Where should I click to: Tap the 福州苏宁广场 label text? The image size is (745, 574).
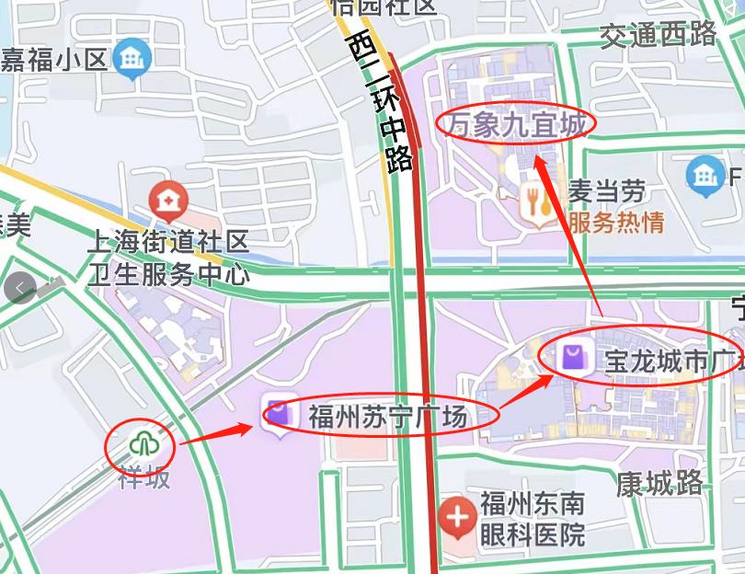[x=387, y=417]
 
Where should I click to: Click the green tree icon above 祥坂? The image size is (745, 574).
[x=144, y=445]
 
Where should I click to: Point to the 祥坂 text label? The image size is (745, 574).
[x=143, y=476]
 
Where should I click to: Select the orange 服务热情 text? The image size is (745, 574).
[x=615, y=222]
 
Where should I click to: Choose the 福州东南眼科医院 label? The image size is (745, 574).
[x=532, y=519]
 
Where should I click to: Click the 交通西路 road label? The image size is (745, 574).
[x=658, y=35]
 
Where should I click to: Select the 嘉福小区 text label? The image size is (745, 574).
[x=53, y=60]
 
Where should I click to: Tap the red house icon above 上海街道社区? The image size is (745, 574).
[x=167, y=199]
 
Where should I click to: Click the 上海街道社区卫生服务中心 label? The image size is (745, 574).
[x=167, y=258]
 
